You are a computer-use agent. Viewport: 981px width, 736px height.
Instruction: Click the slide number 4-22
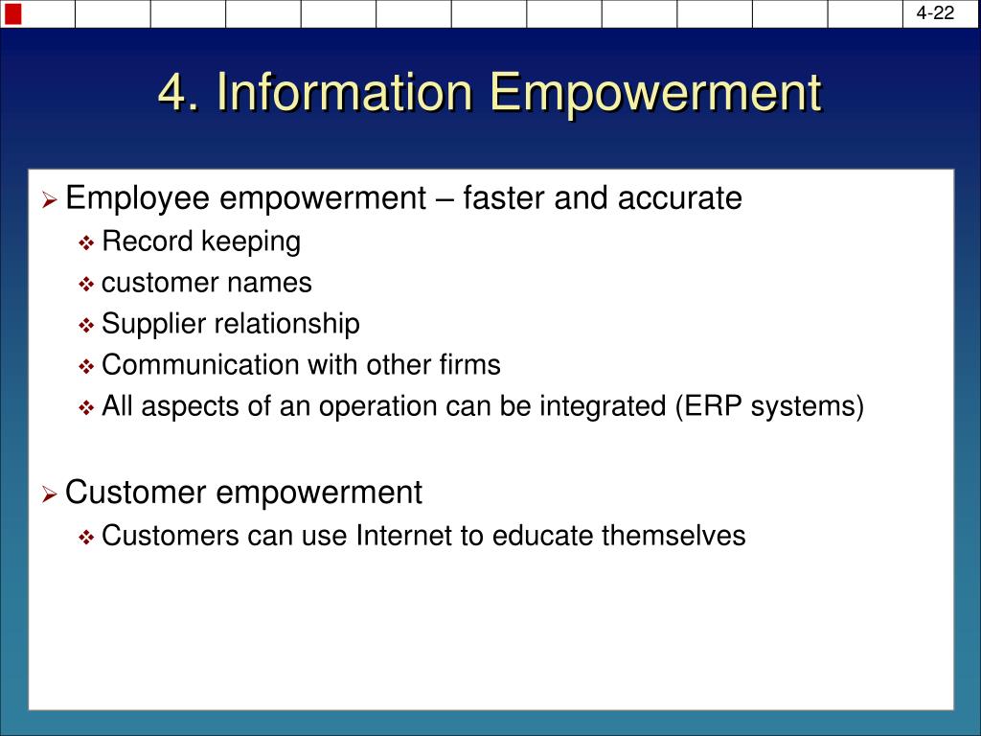[935, 12]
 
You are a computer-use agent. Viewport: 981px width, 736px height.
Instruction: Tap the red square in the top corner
[12, 13]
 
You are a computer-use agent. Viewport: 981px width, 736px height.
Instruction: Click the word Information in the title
[344, 93]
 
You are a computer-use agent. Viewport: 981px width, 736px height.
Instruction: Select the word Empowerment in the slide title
[655, 94]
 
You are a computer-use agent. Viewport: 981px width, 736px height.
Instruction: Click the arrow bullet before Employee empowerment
[50, 201]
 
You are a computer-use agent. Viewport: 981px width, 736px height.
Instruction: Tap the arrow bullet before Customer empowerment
[50, 494]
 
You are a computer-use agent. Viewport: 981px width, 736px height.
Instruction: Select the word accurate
[679, 198]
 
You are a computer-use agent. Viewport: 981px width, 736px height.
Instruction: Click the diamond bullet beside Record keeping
[86, 242]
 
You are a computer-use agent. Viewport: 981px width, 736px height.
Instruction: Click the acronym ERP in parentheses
[713, 406]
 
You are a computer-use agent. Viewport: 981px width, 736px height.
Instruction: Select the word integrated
[603, 406]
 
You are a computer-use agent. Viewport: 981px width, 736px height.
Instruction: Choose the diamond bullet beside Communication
[86, 366]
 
